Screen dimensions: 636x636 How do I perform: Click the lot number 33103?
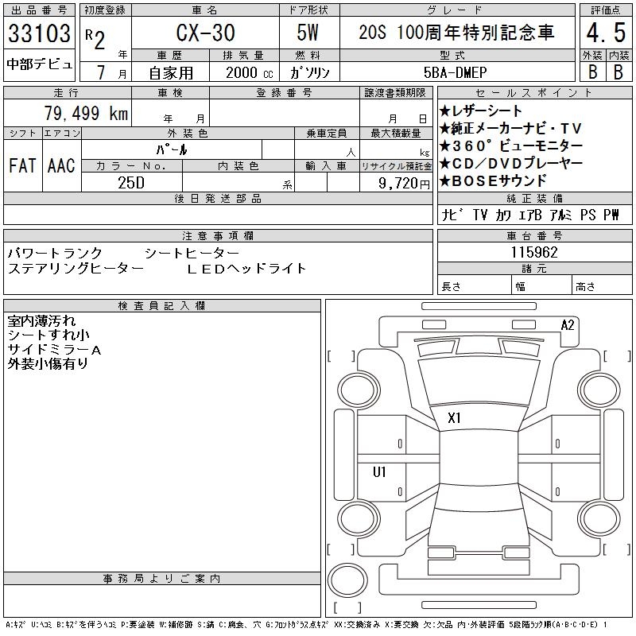40,34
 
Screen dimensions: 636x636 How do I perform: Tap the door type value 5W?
309,33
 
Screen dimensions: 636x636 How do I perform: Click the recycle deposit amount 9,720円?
396,182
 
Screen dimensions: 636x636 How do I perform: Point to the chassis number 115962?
534,252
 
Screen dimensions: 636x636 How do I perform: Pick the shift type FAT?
22,166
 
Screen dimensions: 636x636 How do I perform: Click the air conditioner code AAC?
61,166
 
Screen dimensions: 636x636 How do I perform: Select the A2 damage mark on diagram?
568,324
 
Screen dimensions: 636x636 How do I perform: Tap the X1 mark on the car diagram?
455,417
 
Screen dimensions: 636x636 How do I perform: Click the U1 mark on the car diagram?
379,471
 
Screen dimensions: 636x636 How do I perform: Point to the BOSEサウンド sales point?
497,180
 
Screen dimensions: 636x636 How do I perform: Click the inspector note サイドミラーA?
55,350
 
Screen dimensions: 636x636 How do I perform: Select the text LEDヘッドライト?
246,268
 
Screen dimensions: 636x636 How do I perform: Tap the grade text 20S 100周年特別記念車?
455,33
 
